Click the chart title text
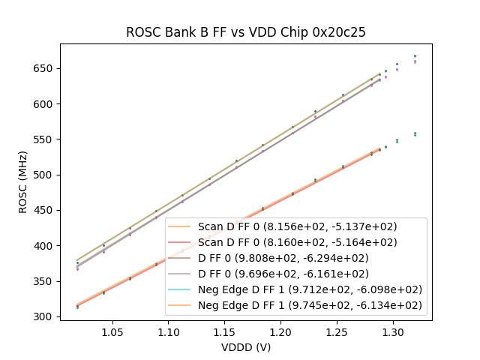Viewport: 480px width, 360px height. tap(245, 32)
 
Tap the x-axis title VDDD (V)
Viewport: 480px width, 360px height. tap(245, 347)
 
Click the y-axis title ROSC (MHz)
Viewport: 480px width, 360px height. tap(24, 182)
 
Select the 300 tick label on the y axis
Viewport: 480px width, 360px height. tap(46, 316)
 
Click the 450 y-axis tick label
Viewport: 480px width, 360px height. tap(46, 210)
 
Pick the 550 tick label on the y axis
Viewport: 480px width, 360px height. tap(46, 139)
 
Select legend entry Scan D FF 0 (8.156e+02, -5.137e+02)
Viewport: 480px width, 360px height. tap(297, 226)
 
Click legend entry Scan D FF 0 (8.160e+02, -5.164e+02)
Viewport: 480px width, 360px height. tap(297, 242)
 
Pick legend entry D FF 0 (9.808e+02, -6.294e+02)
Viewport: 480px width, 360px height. tap(297, 258)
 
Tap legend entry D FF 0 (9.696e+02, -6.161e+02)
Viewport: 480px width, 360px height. tap(297, 274)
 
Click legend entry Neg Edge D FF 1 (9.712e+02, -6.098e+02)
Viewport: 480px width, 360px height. tap(310, 289)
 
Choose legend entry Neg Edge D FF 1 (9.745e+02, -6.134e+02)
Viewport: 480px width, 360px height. tap(310, 305)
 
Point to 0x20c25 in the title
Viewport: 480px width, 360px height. tap(342, 32)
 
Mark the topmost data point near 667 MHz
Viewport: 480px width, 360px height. tap(415, 55)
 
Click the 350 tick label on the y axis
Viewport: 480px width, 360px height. tap(46, 281)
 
